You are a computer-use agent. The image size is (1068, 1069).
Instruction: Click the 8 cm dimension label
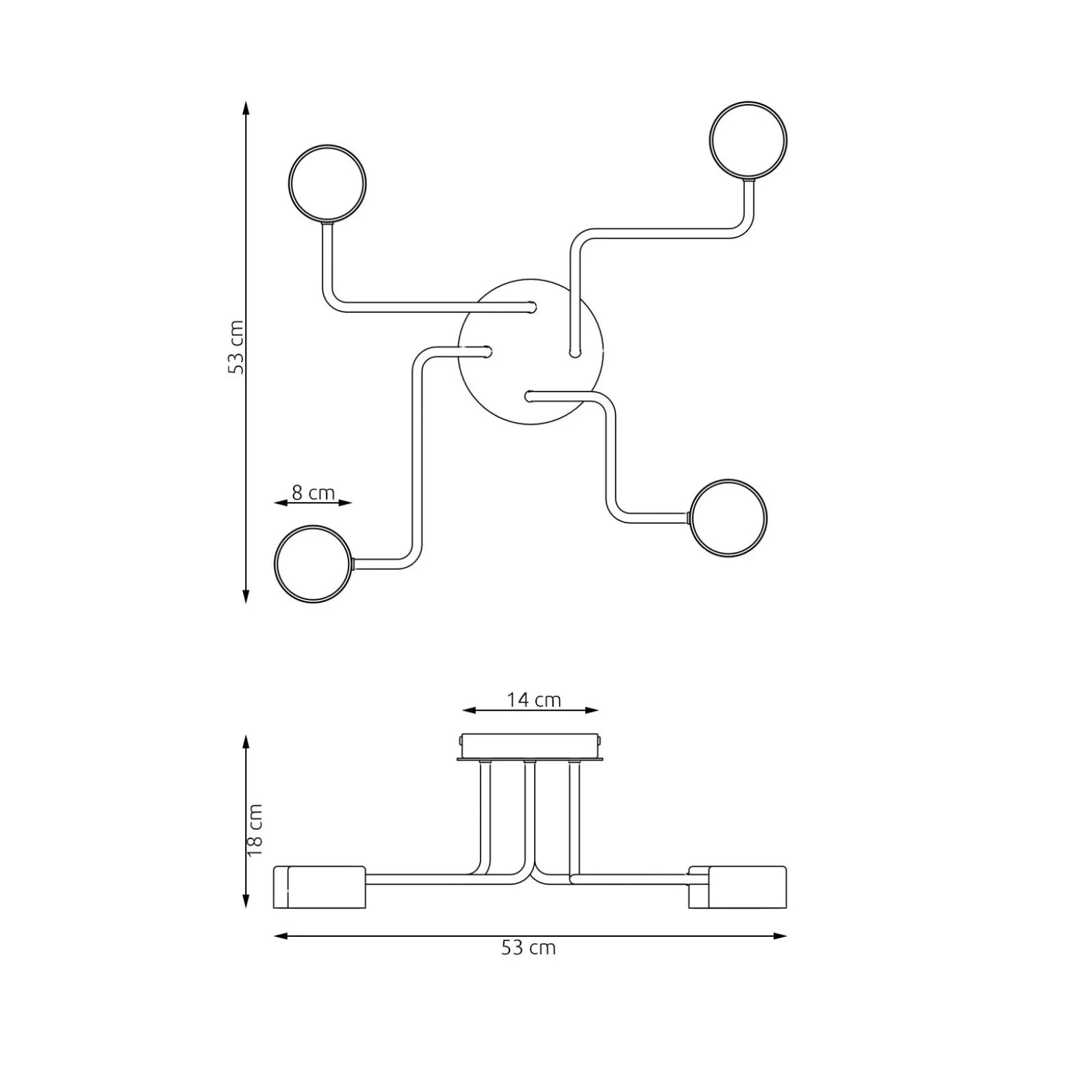pos(313,492)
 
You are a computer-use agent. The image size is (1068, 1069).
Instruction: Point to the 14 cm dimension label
pos(534,700)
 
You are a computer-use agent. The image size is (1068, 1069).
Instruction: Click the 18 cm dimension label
pos(255,830)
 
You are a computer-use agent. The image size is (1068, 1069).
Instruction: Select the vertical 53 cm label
pos(236,347)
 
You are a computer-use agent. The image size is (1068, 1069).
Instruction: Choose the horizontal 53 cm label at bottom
pos(529,948)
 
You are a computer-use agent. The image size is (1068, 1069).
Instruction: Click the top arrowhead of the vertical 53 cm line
pos(246,108)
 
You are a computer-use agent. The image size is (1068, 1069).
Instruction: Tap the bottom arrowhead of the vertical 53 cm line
pos(246,596)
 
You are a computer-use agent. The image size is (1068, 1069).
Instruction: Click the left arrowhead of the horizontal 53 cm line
pos(280,935)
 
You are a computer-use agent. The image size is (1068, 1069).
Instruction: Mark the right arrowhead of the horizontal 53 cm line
pos(780,935)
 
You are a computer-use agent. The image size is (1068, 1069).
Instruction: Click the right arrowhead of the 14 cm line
pos(593,710)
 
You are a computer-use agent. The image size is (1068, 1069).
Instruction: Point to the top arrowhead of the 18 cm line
pos(246,742)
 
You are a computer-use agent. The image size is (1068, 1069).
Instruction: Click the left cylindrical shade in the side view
pos(320,887)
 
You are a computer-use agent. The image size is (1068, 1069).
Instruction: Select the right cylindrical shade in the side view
pos(738,887)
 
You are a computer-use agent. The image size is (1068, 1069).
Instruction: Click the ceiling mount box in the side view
pos(531,746)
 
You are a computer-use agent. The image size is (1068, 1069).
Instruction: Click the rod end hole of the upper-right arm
pos(574,354)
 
